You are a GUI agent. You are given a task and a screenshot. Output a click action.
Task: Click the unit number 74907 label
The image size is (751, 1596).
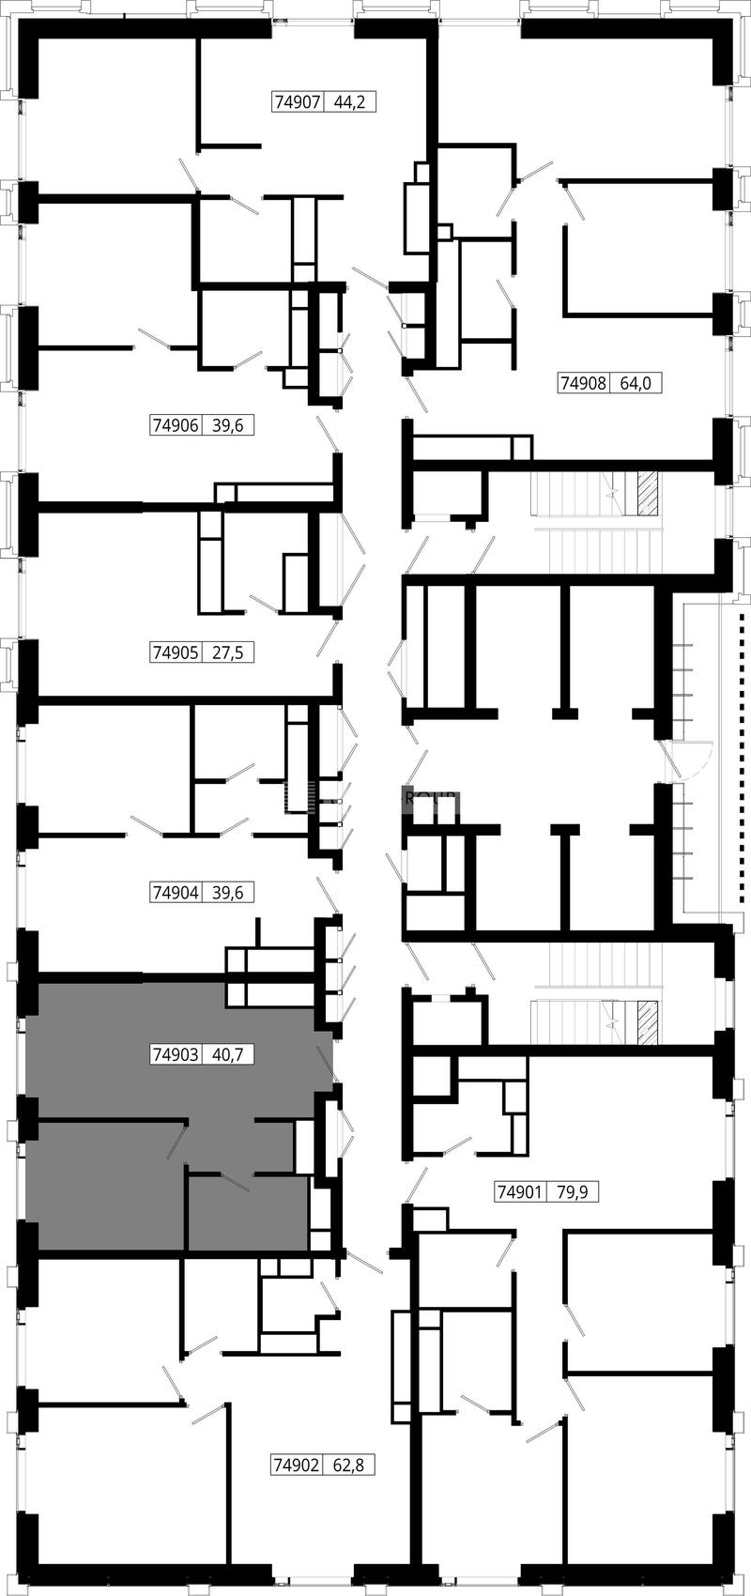(x=298, y=102)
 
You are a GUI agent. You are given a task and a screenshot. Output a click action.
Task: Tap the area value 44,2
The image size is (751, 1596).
(x=349, y=102)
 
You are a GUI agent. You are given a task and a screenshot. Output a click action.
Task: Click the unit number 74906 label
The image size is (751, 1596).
(x=176, y=425)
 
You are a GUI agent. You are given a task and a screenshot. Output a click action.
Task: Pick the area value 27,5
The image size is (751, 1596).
(x=227, y=652)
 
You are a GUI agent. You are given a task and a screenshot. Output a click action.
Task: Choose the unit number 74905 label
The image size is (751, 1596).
(x=176, y=652)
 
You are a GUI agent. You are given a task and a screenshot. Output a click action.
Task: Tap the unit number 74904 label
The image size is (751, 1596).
(x=176, y=892)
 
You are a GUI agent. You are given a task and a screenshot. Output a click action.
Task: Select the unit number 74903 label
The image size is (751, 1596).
(x=176, y=1053)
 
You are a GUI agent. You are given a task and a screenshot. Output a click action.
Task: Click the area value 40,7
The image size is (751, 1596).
(x=227, y=1053)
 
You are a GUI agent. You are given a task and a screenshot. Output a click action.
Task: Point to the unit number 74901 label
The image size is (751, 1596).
(x=520, y=1191)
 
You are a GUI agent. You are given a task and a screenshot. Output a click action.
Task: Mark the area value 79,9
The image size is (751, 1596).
(x=572, y=1191)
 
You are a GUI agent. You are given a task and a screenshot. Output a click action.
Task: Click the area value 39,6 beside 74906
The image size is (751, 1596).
(x=227, y=425)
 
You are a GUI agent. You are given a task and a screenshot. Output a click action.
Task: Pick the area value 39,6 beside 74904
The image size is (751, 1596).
(x=227, y=892)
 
